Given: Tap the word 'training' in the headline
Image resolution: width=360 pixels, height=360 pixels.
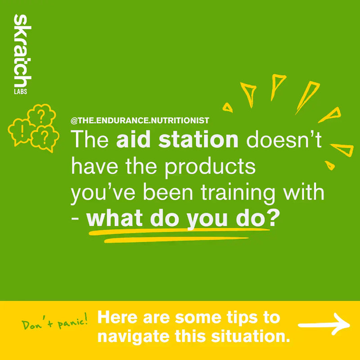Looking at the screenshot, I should coord(250,193).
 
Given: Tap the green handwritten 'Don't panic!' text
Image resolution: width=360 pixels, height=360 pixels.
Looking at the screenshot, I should coord(54,322).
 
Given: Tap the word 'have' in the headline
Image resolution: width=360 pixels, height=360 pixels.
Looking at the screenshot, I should coord(92,167).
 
